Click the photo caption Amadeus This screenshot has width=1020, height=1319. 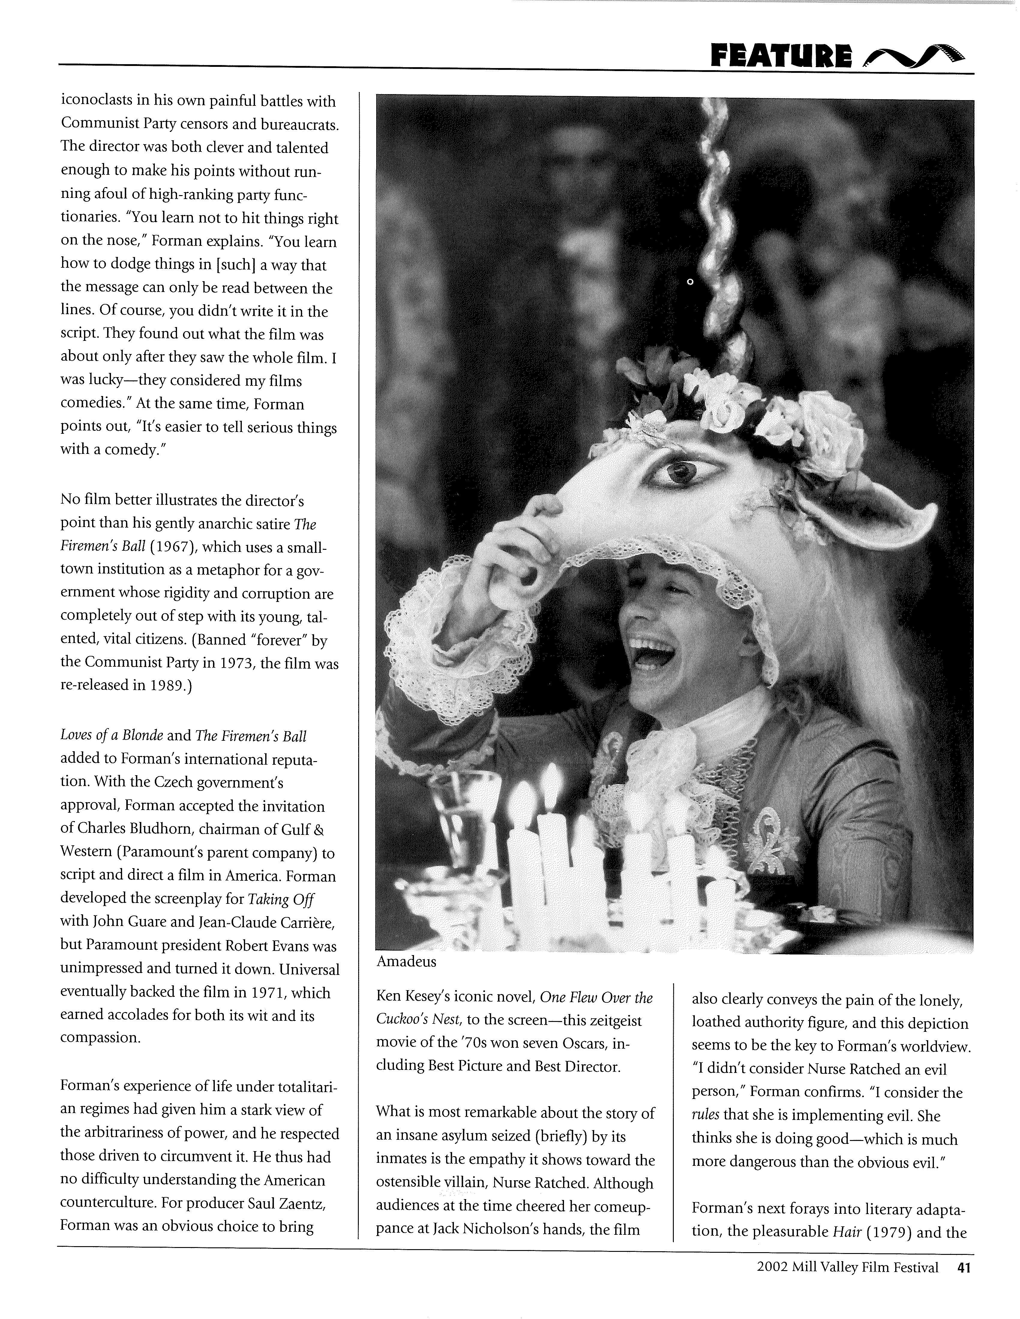point(406,961)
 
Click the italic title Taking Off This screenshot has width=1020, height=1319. point(281,899)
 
